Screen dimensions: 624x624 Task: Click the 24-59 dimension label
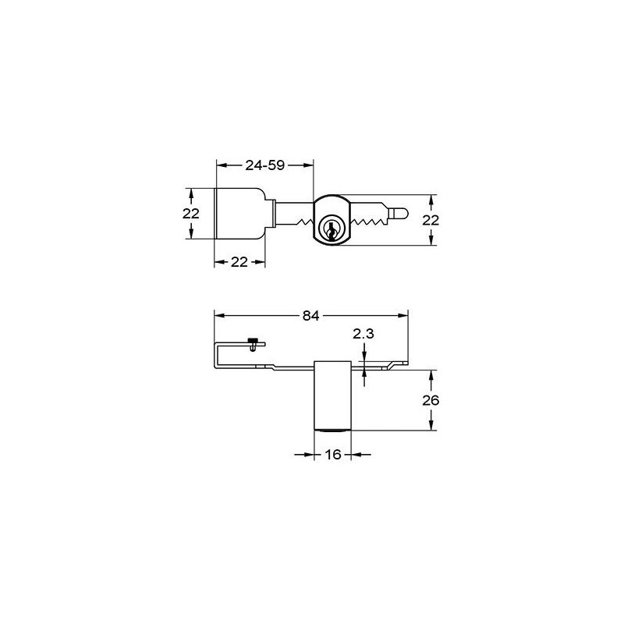tap(264, 165)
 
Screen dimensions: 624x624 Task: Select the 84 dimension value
tap(310, 316)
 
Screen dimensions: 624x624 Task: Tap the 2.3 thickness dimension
tap(363, 334)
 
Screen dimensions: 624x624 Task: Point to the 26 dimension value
tap(431, 400)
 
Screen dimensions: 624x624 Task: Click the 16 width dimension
tap(333, 454)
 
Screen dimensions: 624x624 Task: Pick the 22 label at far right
tap(431, 220)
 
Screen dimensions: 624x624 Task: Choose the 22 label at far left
tap(191, 214)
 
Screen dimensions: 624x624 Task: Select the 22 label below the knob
tap(239, 262)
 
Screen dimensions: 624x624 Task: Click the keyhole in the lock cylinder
tap(331, 230)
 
